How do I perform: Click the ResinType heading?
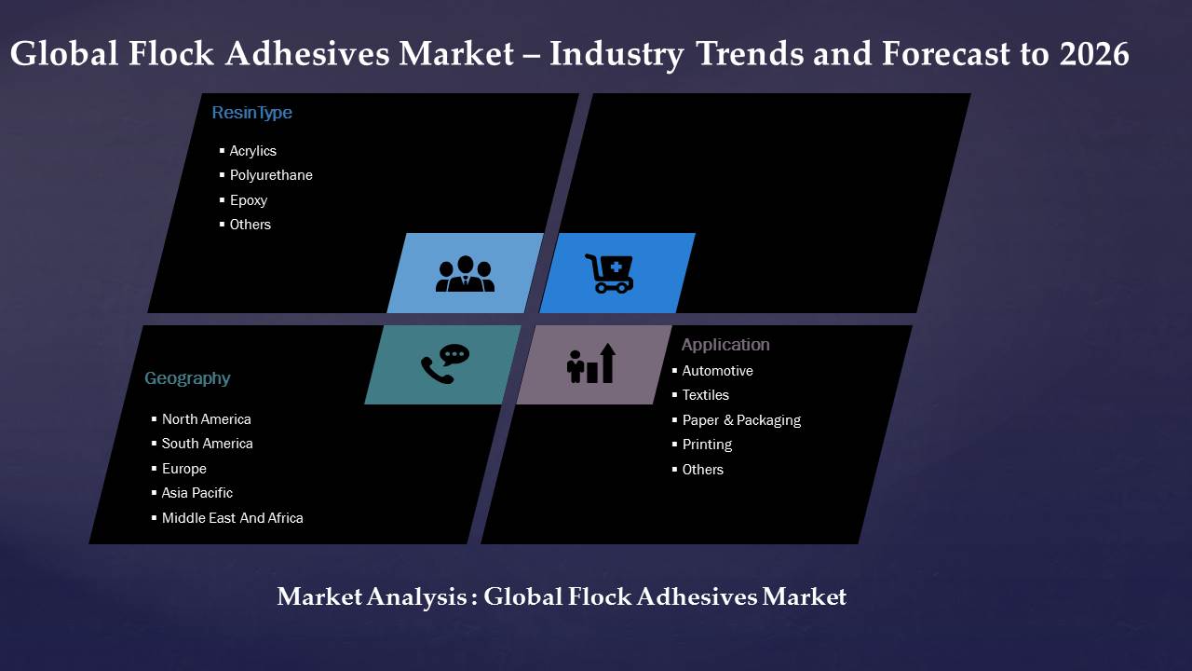click(x=251, y=113)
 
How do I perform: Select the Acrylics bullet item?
click(x=252, y=151)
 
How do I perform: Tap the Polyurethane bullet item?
click(x=271, y=175)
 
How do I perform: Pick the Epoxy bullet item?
click(x=249, y=200)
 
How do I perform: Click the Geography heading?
click(x=187, y=378)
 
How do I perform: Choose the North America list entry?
click(x=207, y=419)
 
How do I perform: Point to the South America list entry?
click(x=207, y=444)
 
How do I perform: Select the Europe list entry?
click(x=184, y=469)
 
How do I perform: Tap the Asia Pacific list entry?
click(x=196, y=493)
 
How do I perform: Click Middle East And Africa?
click(x=233, y=518)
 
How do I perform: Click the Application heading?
click(x=725, y=345)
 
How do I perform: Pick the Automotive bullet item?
click(x=717, y=371)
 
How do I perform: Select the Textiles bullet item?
click(x=706, y=395)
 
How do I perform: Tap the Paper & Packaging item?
click(x=741, y=420)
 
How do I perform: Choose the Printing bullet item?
click(x=707, y=445)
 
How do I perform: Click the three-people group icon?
click(x=465, y=274)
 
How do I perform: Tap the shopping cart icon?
click(x=610, y=274)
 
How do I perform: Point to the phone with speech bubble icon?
click(x=445, y=364)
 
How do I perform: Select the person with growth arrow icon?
click(x=591, y=363)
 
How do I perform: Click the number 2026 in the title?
click(x=1094, y=54)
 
